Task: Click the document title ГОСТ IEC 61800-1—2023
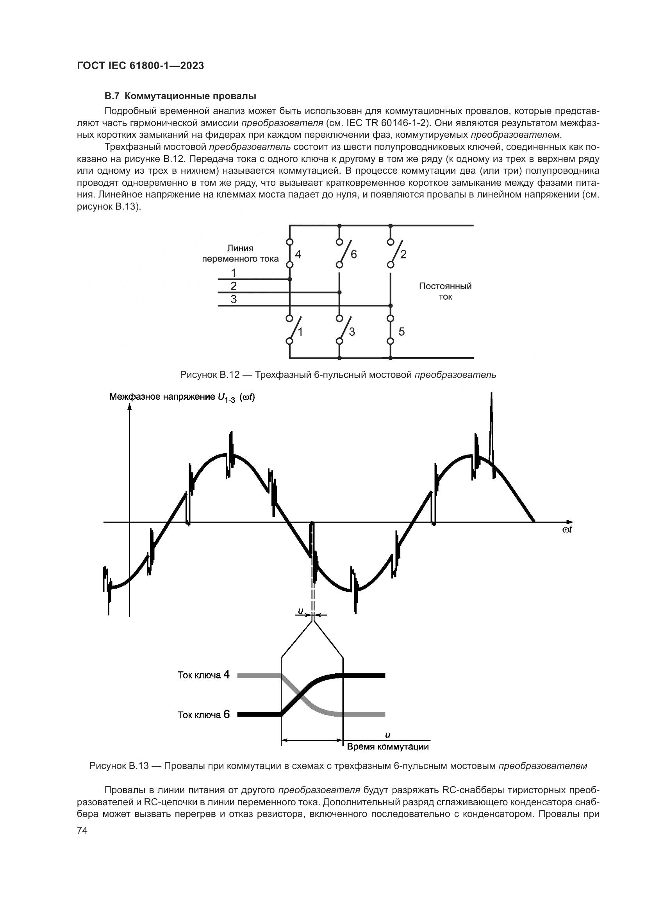[x=140, y=66]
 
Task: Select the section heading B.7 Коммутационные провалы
[x=180, y=96]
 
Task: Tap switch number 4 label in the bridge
[x=298, y=254]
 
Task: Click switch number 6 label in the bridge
[x=353, y=254]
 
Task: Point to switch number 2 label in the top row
[x=403, y=254]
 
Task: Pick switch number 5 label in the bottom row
[x=402, y=332]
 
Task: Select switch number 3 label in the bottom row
[x=352, y=332]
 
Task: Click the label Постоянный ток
[x=445, y=292]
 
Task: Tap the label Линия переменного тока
[x=240, y=254]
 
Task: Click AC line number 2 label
[x=234, y=286]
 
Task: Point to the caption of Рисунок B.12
[x=338, y=375]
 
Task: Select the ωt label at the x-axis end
[x=567, y=530]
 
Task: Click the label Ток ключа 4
[x=203, y=675]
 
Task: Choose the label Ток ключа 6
[x=203, y=715]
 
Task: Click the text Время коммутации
[x=388, y=746]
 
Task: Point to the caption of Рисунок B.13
[x=338, y=766]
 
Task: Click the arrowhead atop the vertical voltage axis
[x=129, y=406]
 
